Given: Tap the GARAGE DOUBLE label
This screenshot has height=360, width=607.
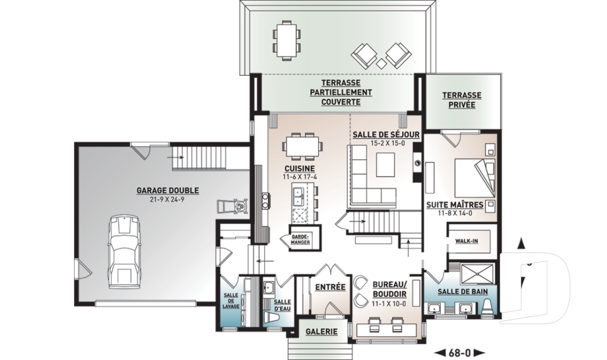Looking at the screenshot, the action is click(x=168, y=190).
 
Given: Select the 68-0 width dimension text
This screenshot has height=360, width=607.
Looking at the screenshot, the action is click(x=460, y=353).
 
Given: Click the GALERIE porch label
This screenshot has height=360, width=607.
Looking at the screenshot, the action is click(x=321, y=332).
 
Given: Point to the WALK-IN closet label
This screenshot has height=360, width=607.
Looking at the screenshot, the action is click(x=467, y=241).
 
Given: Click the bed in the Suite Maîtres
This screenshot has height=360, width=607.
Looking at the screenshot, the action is click(x=475, y=178).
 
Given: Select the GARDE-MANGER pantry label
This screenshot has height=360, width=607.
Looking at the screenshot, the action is click(x=300, y=239).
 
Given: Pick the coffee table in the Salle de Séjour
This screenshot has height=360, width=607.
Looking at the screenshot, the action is click(x=385, y=164).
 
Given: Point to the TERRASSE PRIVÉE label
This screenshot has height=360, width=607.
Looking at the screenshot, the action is click(x=462, y=99).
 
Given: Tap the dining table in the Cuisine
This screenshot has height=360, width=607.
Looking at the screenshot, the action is click(x=302, y=147).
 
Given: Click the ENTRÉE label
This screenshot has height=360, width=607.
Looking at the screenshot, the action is click(x=330, y=287).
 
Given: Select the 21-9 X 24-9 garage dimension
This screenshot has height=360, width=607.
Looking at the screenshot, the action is click(x=168, y=200).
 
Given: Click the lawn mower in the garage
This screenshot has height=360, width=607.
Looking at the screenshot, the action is click(x=233, y=206).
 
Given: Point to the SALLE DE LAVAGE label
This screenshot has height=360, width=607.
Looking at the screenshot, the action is click(x=231, y=301).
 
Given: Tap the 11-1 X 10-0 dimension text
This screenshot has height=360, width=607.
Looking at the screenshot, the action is click(x=389, y=304).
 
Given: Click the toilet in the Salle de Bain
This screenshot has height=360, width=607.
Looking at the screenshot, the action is click(x=487, y=306).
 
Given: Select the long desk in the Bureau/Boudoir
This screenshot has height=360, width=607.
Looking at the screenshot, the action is click(x=386, y=330).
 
